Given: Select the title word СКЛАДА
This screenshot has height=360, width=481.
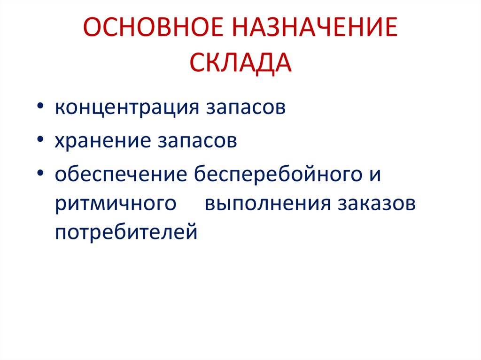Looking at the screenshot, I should coord(240,62).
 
